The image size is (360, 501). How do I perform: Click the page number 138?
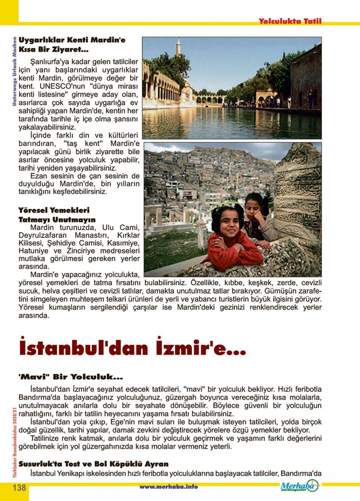[x=19, y=488]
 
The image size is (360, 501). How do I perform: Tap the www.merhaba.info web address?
[x=168, y=487]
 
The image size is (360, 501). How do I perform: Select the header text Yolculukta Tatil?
[x=290, y=21]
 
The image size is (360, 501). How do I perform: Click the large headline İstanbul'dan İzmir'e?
[x=132, y=348]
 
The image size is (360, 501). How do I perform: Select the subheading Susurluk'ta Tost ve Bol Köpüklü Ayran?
[x=93, y=464]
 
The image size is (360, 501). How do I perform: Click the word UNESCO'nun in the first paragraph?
[x=60, y=86]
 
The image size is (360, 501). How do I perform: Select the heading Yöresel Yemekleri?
[x=54, y=210]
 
